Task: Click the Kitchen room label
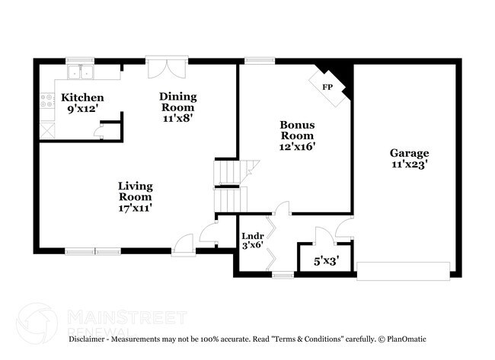pyautogui.click(x=82, y=97)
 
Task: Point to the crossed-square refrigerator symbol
pyautogui.click(x=46, y=129)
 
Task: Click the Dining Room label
pyautogui.click(x=177, y=97)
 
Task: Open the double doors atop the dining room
pyautogui.click(x=167, y=67)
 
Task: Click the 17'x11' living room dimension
pyautogui.click(x=135, y=207)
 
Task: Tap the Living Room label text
pyautogui.click(x=135, y=191)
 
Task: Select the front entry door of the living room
pyautogui.click(x=184, y=244)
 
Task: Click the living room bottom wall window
pyautogui.click(x=92, y=250)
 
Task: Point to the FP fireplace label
pyautogui.click(x=327, y=88)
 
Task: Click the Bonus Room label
pyautogui.click(x=297, y=130)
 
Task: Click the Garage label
pyautogui.click(x=410, y=152)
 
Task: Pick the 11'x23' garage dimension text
pyautogui.click(x=410, y=163)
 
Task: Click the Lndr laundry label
pyautogui.click(x=251, y=236)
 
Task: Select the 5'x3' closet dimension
pyautogui.click(x=326, y=261)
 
